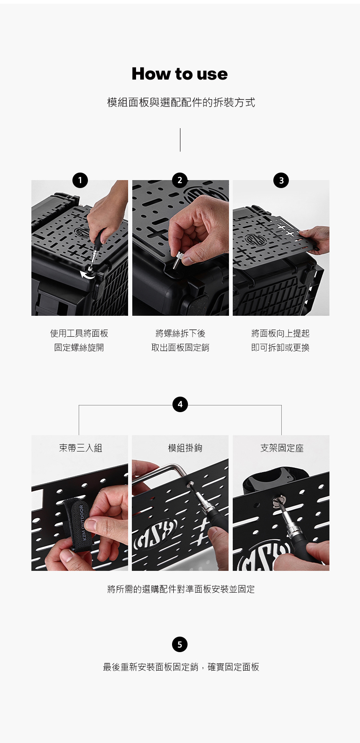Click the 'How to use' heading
click(180, 74)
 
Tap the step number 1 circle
click(80, 180)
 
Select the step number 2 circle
click(180, 180)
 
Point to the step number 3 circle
click(281, 180)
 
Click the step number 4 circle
click(180, 405)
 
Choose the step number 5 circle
click(180, 644)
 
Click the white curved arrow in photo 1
click(87, 274)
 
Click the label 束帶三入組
click(80, 448)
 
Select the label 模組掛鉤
click(185, 448)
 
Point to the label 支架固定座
click(282, 448)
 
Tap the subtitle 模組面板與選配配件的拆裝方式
click(181, 103)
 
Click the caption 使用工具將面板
click(79, 333)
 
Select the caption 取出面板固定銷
click(180, 348)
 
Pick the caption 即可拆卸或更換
click(280, 348)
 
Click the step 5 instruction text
click(181, 667)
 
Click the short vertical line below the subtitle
click(180, 140)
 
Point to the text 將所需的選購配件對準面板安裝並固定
click(181, 589)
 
